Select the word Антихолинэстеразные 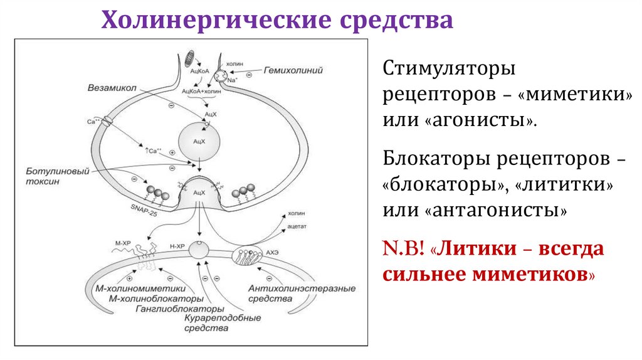[302, 289]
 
